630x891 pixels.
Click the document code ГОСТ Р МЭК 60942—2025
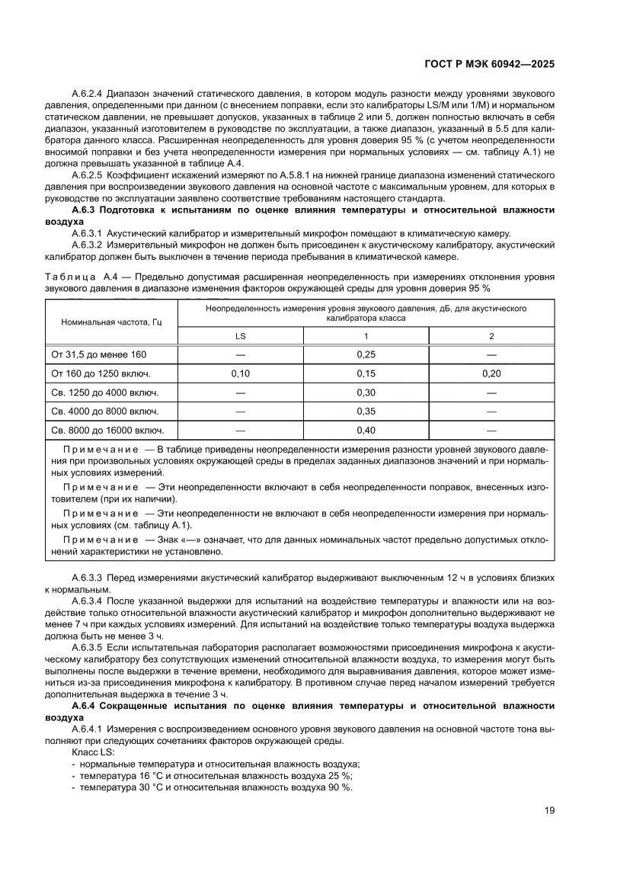click(488, 65)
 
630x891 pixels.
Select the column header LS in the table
click(240, 336)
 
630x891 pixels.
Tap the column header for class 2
click(491, 336)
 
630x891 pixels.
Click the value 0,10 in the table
click(240, 373)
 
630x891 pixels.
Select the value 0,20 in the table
click(491, 373)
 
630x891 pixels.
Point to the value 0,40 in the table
click(366, 429)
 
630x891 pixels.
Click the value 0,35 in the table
click(366, 411)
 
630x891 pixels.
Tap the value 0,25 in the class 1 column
click(366, 354)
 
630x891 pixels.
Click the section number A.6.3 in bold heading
click(82, 209)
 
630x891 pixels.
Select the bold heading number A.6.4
click(82, 706)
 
